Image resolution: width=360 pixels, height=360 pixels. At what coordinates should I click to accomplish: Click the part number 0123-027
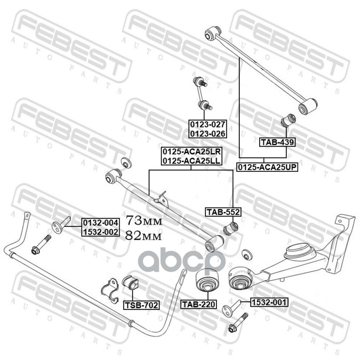[207, 125]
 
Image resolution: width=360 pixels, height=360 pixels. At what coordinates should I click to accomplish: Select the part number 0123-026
[207, 133]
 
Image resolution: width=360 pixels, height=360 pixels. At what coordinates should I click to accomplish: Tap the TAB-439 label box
[277, 142]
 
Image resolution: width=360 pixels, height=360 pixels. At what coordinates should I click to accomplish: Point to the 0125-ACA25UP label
[267, 167]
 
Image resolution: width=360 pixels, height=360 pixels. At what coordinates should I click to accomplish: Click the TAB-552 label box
[223, 212]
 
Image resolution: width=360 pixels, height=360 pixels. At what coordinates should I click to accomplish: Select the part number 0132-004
[100, 223]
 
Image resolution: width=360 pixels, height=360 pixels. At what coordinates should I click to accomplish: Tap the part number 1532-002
[100, 232]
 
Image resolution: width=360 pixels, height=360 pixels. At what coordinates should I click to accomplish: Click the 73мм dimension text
[144, 220]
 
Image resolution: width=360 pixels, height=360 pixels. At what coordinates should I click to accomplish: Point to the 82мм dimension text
[144, 235]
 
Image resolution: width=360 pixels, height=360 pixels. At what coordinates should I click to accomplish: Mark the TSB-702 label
[141, 305]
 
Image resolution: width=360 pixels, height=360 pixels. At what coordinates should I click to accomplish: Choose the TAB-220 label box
[198, 305]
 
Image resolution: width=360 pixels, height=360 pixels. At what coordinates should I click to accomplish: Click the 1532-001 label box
[269, 302]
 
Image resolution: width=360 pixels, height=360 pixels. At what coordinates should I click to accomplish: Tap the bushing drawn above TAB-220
[207, 280]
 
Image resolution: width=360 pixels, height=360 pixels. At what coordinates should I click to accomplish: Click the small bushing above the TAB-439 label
[288, 120]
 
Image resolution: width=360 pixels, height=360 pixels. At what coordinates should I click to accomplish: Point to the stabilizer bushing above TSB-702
[130, 283]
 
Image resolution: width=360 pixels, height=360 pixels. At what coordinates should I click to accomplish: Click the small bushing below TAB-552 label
[231, 228]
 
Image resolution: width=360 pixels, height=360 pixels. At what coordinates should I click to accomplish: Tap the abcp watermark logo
[183, 261]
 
